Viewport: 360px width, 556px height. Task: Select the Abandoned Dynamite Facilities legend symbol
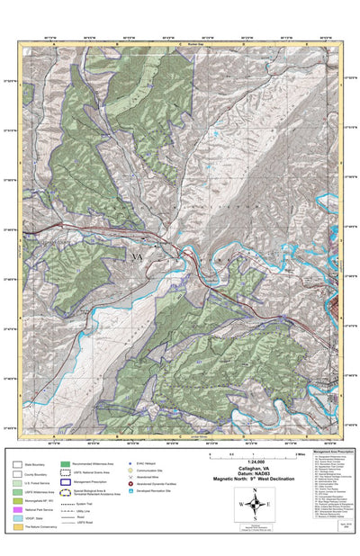pyautogui.click(x=130, y=483)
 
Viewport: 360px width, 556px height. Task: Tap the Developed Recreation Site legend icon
pyautogui.click(x=130, y=491)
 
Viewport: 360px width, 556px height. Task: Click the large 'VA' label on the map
pyautogui.click(x=137, y=257)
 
